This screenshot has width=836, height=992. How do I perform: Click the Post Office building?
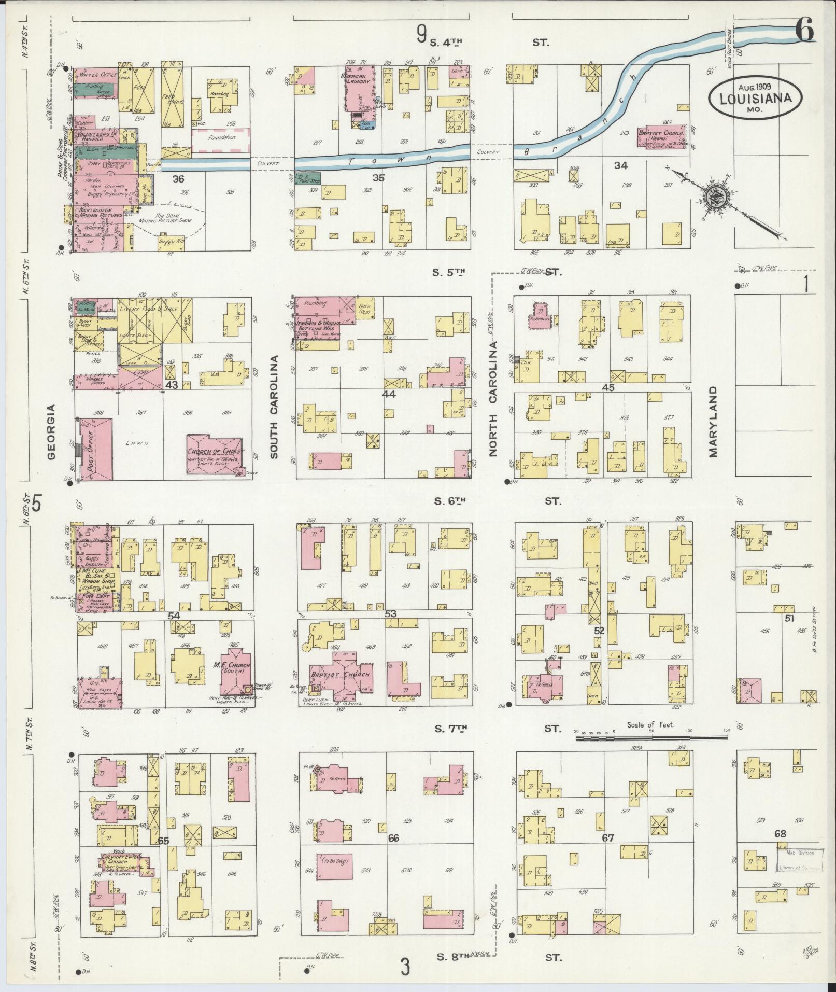(95, 450)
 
